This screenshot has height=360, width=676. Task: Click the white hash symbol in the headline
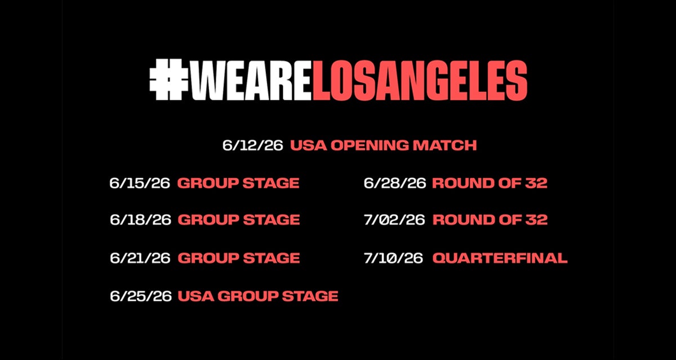(168, 79)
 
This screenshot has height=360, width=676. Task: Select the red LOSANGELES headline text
(420, 80)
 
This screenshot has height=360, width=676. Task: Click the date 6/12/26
(252, 145)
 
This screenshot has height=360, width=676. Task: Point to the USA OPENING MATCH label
(383, 145)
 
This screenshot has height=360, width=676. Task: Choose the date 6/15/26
(140, 183)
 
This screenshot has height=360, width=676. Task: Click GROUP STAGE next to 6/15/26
(238, 183)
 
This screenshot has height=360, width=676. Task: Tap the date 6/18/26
(140, 220)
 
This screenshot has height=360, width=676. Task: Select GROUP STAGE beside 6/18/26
(239, 220)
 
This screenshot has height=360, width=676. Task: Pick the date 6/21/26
(140, 258)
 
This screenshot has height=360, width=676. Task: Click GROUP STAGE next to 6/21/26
(239, 258)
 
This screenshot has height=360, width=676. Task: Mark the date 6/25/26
(141, 296)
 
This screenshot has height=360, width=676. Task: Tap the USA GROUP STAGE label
(258, 296)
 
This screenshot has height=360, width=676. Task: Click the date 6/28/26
(395, 183)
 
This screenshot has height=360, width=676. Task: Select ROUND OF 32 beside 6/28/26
(490, 183)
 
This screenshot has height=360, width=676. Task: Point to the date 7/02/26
(394, 220)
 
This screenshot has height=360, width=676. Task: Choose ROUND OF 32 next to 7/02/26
(490, 220)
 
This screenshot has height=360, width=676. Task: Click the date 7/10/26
(393, 258)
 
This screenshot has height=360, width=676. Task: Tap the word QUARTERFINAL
(500, 258)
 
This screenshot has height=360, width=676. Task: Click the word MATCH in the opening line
(444, 145)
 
